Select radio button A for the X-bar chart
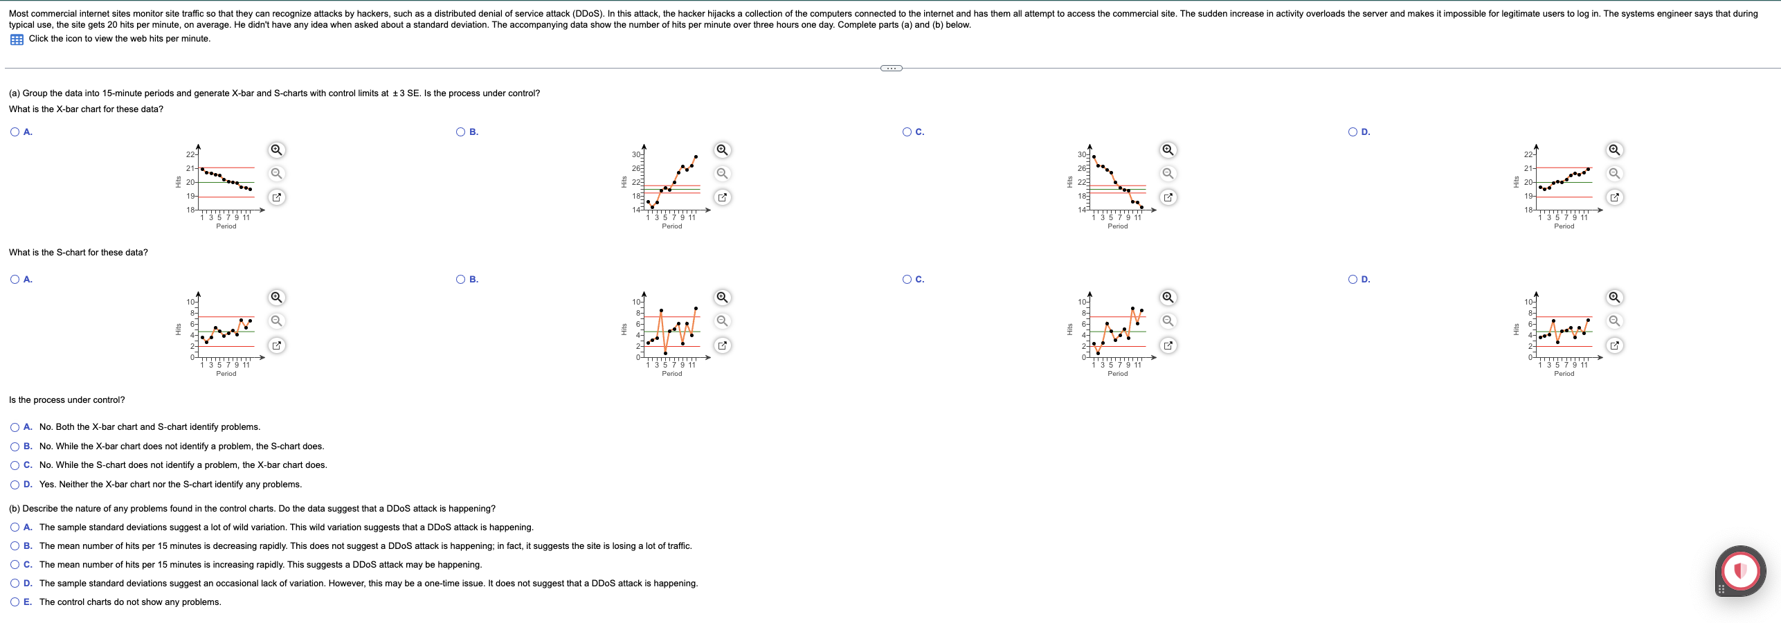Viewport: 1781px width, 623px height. point(15,132)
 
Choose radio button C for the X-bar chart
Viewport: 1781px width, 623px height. point(907,132)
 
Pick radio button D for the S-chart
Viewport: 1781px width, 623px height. point(1353,280)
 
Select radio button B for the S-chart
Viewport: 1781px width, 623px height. point(461,280)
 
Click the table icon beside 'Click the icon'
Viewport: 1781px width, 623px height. point(17,39)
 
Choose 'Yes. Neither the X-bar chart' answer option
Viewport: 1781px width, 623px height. point(15,485)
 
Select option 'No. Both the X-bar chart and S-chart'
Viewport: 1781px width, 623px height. point(15,427)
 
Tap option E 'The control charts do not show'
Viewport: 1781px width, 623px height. point(15,602)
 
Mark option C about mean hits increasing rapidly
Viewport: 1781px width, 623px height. point(15,565)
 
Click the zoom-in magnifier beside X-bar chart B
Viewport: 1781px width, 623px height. point(722,150)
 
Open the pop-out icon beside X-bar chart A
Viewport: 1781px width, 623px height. point(276,197)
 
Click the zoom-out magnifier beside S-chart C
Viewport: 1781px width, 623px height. point(1168,321)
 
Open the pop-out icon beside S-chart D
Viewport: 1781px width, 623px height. point(1614,345)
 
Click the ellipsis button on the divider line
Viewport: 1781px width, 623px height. point(891,68)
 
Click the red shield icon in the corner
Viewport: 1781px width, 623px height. point(1740,571)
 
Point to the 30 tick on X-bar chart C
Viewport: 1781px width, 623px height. point(1082,154)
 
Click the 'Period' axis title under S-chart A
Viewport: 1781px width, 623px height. point(226,374)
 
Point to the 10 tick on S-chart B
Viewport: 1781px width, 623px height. point(636,302)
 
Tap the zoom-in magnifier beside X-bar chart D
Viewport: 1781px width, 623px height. point(1614,150)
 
